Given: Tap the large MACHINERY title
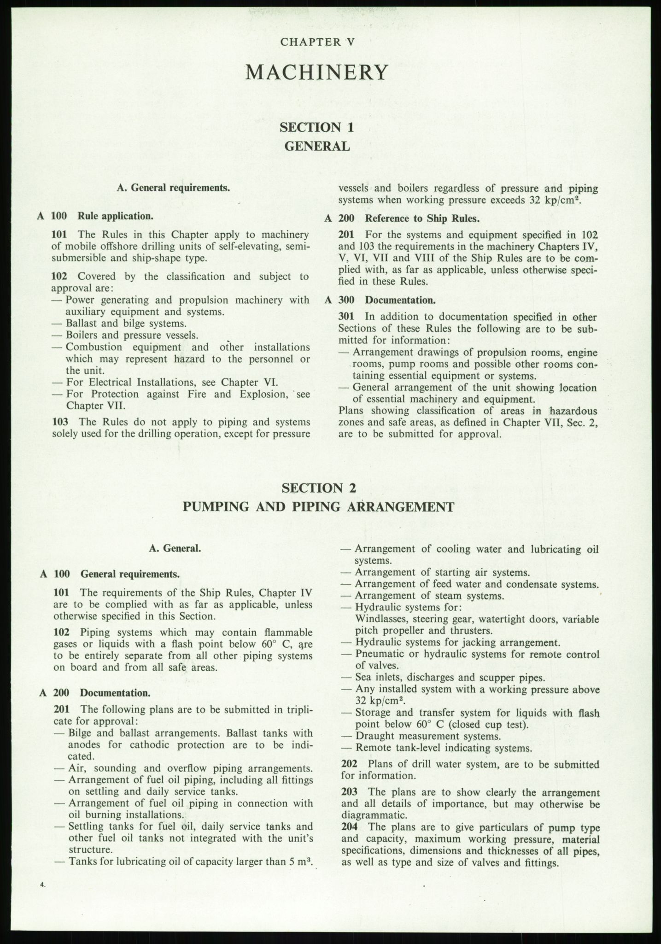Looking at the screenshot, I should [316, 72].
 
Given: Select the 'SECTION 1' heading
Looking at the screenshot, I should [317, 127].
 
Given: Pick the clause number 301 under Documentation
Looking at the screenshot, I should [346, 317].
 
